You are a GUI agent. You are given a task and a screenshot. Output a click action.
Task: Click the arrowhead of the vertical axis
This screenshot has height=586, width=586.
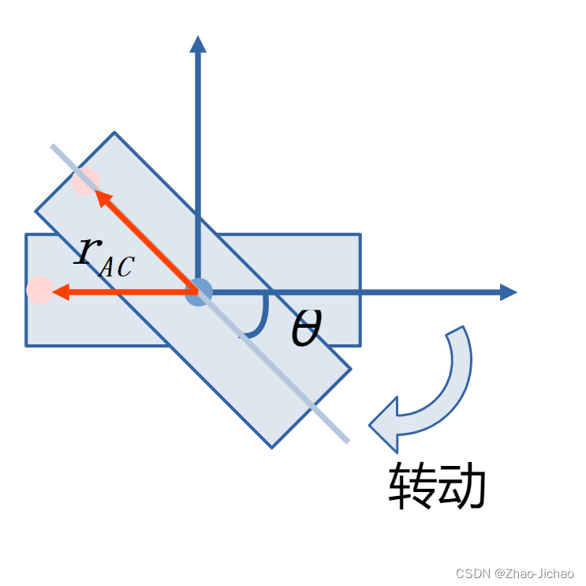click(x=198, y=43)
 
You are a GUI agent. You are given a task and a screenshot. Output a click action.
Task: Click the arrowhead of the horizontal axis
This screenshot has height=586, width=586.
click(x=509, y=292)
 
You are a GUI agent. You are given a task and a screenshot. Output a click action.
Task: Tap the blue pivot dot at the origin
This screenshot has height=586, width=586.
click(x=199, y=292)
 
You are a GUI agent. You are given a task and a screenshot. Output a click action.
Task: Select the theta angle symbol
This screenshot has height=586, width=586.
click(x=305, y=328)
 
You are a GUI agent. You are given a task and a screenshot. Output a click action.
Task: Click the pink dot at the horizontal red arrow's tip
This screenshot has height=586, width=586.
click(x=39, y=291)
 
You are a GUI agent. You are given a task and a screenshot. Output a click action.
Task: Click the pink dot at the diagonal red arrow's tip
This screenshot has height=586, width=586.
click(x=86, y=181)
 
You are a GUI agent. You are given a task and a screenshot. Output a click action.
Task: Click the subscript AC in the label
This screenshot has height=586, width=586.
click(x=115, y=267)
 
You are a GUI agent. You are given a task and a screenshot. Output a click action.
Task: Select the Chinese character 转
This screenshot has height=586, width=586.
click(x=412, y=486)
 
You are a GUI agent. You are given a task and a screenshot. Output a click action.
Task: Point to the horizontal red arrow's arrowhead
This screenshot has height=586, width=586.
click(x=60, y=292)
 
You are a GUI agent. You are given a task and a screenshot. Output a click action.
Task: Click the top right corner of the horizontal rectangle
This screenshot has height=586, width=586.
click(x=360, y=235)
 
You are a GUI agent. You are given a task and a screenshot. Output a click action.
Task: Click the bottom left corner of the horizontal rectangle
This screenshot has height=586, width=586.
click(x=26, y=345)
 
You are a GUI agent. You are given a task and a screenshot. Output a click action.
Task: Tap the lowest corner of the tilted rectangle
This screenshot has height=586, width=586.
click(x=271, y=448)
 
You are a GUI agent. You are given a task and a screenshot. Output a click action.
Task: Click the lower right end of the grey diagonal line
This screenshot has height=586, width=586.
click(x=347, y=441)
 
